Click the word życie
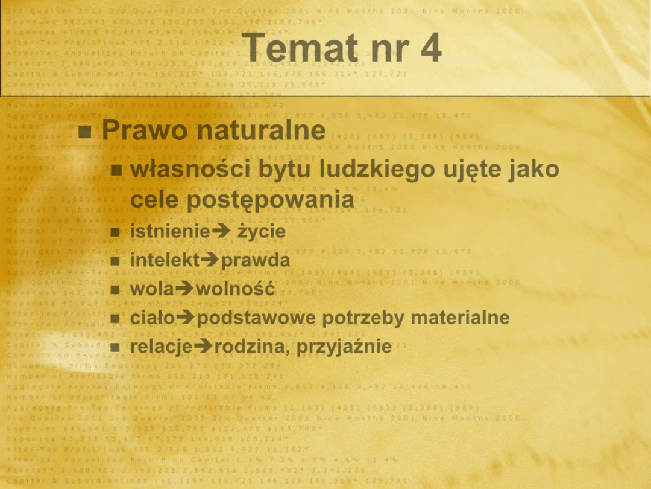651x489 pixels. (x=262, y=232)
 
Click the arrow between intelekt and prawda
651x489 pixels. (x=210, y=260)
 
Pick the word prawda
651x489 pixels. (x=256, y=261)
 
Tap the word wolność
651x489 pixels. (x=236, y=289)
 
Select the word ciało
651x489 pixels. (x=156, y=318)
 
